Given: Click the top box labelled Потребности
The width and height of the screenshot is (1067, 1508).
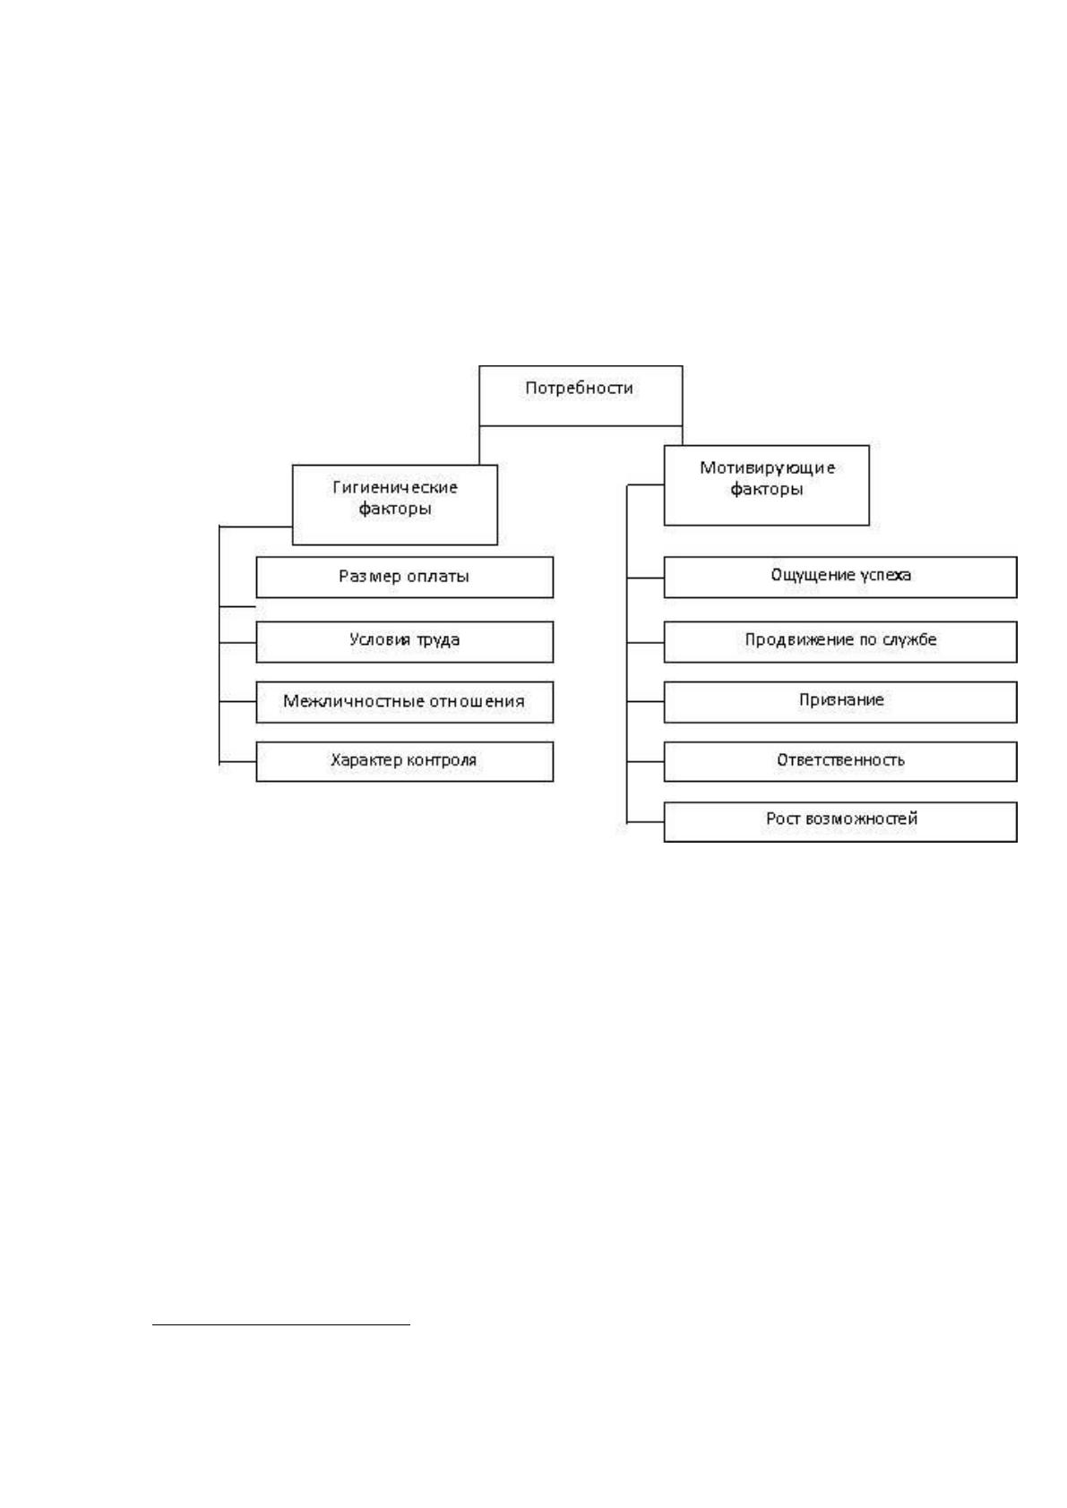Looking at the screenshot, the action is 581,396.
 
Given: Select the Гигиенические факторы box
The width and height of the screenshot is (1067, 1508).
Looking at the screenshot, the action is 395,504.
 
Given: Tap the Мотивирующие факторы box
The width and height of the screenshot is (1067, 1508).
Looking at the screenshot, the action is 767,484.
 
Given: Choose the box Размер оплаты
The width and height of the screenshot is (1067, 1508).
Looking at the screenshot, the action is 405,577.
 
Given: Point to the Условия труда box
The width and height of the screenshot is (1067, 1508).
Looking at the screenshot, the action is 405,641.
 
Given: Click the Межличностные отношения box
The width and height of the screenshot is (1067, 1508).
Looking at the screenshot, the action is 405,702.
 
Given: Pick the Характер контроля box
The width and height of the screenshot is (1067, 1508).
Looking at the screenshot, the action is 405,761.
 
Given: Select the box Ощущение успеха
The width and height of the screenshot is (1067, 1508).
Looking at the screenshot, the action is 840,577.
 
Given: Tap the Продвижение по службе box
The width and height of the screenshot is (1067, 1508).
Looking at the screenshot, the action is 840,641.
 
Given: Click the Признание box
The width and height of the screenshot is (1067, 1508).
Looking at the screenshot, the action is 840,702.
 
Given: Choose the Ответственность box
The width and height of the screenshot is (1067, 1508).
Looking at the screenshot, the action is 840,761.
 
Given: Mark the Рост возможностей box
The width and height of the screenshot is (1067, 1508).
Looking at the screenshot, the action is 840,822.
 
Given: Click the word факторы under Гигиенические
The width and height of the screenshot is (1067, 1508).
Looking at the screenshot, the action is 395,509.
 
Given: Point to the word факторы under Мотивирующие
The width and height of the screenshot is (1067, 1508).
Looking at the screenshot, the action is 767,490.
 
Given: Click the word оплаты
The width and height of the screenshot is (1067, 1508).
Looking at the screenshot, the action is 438,577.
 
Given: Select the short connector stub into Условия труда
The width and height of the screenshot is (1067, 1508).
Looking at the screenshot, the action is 237,642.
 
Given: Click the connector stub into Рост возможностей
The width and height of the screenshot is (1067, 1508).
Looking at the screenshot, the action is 645,822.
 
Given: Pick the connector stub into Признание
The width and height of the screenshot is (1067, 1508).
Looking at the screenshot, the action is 645,701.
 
